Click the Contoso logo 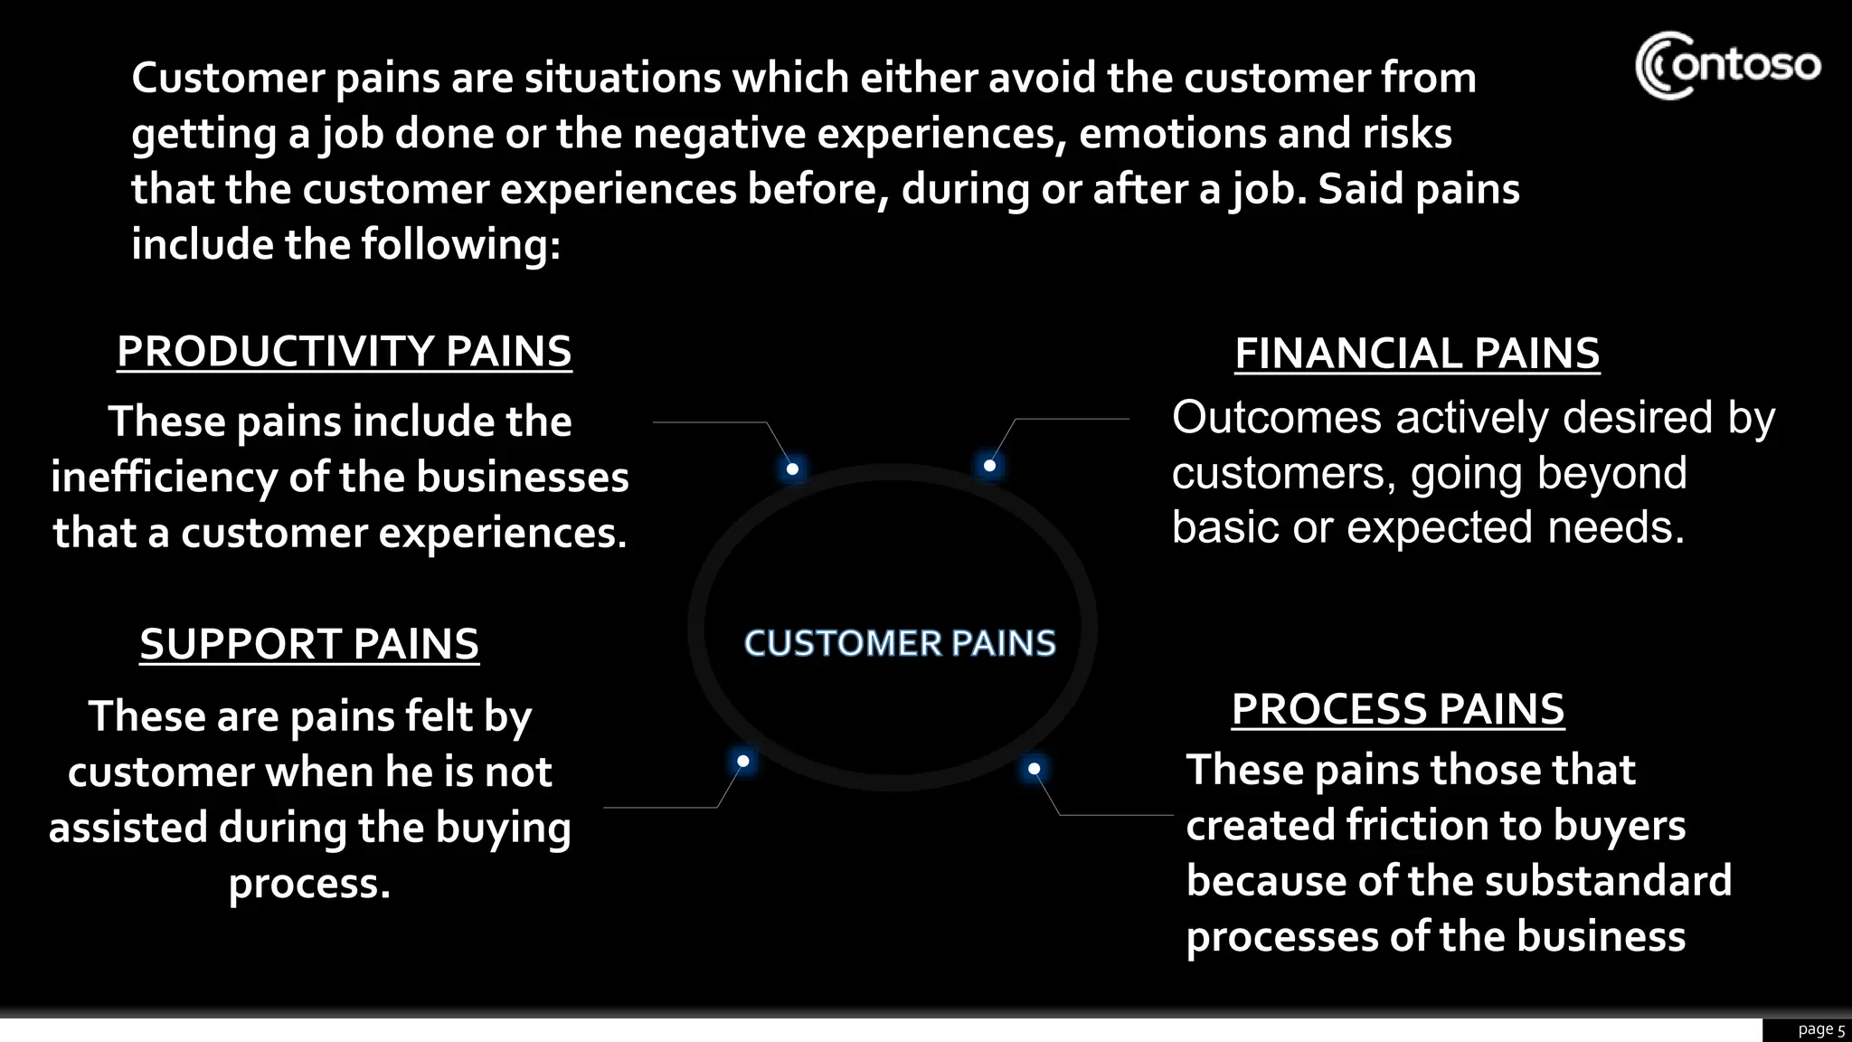tap(1727, 65)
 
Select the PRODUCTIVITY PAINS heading tap(344, 352)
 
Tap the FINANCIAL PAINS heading tap(1417, 354)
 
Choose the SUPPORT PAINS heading tap(309, 644)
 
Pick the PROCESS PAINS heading tap(1397, 709)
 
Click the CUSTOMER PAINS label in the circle tap(900, 643)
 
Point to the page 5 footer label tap(1820, 1029)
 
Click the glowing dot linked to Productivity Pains tap(792, 469)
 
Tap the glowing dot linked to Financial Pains tap(989, 466)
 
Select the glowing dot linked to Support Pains tap(742, 762)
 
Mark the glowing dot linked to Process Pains tap(1034, 769)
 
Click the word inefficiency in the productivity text tap(164, 478)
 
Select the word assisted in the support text tap(128, 829)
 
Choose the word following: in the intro tap(461, 245)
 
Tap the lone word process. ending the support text tap(309, 884)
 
